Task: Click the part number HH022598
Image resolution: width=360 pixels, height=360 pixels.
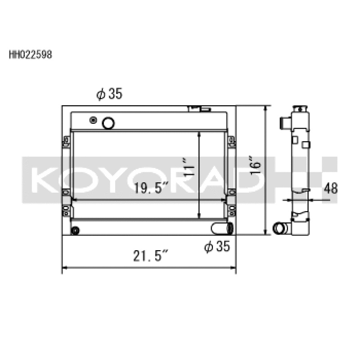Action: click(31, 55)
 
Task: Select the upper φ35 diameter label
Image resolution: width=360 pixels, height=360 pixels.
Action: click(109, 94)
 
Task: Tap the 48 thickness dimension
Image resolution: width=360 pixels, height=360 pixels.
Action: click(331, 188)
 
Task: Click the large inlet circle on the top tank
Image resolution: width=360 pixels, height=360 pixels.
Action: click(108, 122)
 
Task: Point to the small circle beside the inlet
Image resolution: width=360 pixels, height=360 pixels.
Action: click(93, 120)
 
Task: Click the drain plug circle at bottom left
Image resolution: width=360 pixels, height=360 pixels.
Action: click(75, 230)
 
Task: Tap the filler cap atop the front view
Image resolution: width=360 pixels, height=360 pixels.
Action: click(199, 108)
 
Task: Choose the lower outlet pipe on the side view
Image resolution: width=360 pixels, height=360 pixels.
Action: click(281, 228)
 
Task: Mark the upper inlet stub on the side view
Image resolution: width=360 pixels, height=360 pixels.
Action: click(285, 123)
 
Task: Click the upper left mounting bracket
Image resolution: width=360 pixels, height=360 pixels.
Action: click(67, 141)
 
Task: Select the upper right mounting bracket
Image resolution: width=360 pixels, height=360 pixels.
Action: click(231, 141)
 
